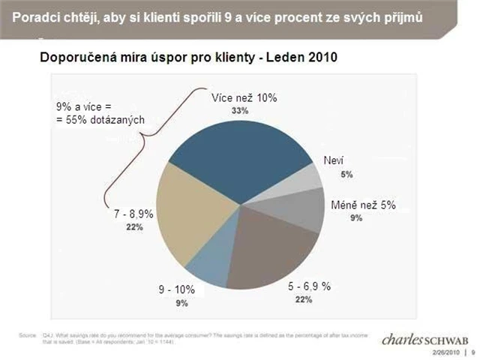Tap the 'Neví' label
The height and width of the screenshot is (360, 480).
pos(334,161)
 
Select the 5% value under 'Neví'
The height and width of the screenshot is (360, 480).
pos(346,174)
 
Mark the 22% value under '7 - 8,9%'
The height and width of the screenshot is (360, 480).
pos(135,227)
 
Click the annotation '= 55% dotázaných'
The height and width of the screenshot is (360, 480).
pos(100,119)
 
